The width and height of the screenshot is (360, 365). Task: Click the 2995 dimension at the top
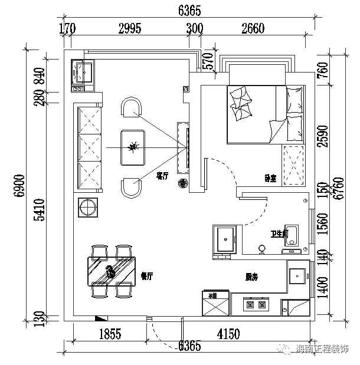(x=130, y=28)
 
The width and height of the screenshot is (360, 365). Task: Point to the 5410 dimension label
(x=39, y=209)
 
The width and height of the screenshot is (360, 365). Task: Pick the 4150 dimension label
(x=228, y=334)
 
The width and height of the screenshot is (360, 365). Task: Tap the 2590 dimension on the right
(x=322, y=137)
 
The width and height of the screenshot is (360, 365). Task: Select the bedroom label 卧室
(x=271, y=178)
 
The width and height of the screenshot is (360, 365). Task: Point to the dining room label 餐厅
(x=148, y=275)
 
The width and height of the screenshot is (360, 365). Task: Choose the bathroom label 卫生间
(x=279, y=234)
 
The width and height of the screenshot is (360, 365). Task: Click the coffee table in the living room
(x=133, y=147)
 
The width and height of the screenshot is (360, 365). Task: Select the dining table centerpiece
(x=110, y=271)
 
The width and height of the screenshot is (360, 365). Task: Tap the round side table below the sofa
(x=88, y=208)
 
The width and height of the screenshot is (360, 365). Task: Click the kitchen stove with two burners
(x=257, y=305)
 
